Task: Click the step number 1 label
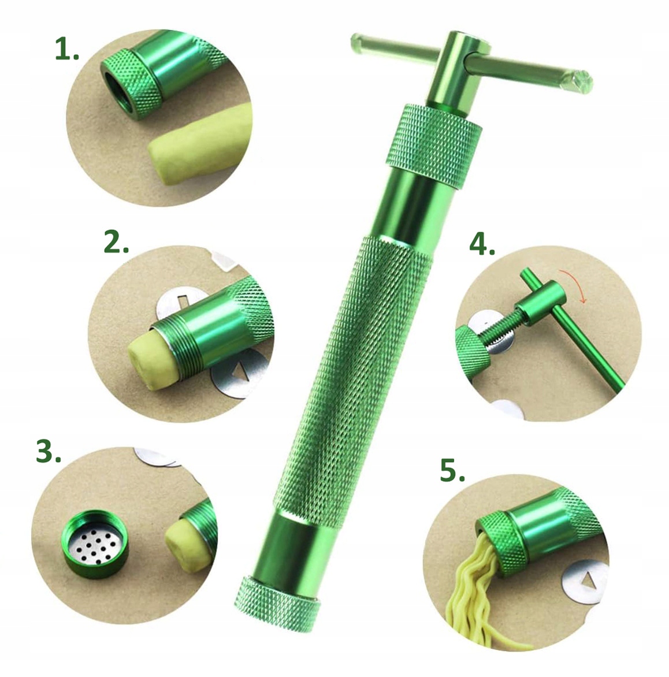click(x=66, y=51)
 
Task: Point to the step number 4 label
click(x=482, y=245)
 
